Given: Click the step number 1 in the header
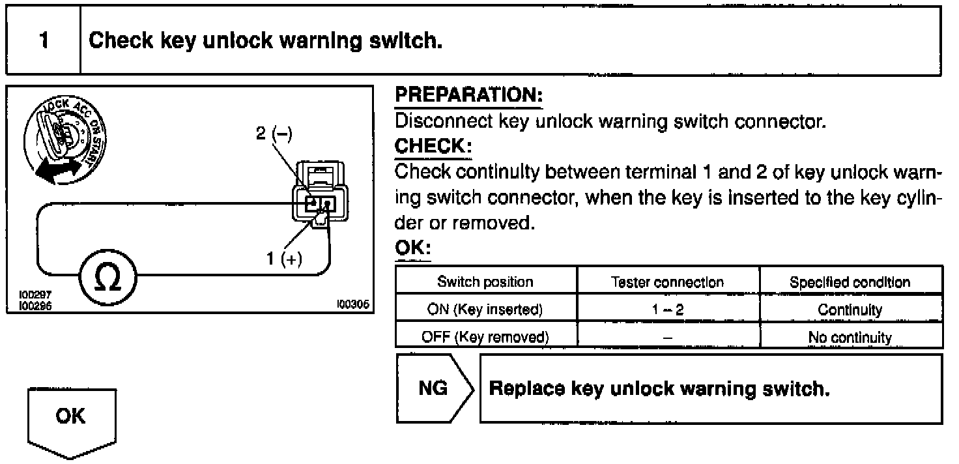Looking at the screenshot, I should pyautogui.click(x=43, y=40).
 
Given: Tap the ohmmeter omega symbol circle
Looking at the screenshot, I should pyautogui.click(x=107, y=278).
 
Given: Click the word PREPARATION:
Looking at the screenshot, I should pyautogui.click(x=469, y=96).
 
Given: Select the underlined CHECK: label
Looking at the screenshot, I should pyautogui.click(x=433, y=147).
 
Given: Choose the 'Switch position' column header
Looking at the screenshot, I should pyautogui.click(x=485, y=282).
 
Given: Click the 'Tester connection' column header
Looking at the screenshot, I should pyautogui.click(x=668, y=282).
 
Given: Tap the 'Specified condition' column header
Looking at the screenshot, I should pyautogui.click(x=850, y=282).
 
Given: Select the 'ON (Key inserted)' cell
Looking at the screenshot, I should pyautogui.click(x=485, y=310).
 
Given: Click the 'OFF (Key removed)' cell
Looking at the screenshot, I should pyautogui.click(x=485, y=338).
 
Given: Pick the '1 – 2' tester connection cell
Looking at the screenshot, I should pyautogui.click(x=668, y=310).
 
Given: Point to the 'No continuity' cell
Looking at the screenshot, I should pyautogui.click(x=850, y=338).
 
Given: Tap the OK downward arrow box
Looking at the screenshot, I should pyautogui.click(x=71, y=420).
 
